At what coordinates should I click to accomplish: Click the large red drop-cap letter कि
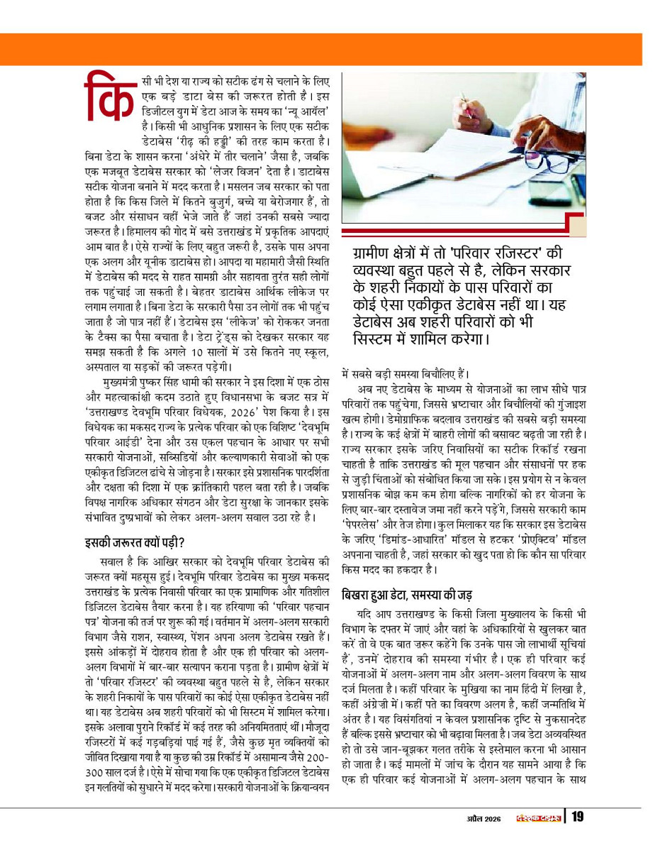[x=108, y=96]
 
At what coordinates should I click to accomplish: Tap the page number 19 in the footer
[x=577, y=817]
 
